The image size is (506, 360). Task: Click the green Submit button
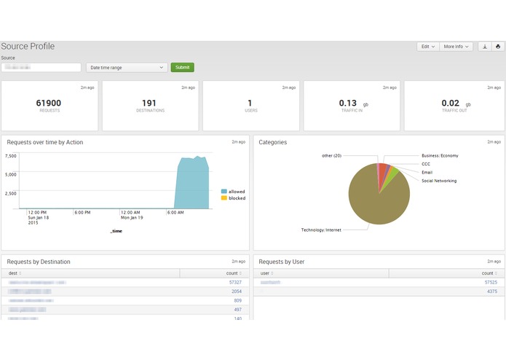[x=182, y=68]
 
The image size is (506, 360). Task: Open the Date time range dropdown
[x=127, y=68]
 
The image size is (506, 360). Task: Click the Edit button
[x=427, y=47]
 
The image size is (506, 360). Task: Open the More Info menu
[x=456, y=47]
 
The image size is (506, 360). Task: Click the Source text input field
[x=41, y=68]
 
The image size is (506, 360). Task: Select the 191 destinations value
[x=149, y=103]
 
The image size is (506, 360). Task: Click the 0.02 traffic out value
[x=450, y=103]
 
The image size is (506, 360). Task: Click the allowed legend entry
[x=236, y=192]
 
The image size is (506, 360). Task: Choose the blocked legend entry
[x=236, y=198]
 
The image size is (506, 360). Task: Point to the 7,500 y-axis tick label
[x=10, y=157]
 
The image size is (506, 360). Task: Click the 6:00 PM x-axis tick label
[x=82, y=213]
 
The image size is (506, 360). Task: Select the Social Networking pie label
[x=439, y=181]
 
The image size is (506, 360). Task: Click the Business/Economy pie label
[x=440, y=156]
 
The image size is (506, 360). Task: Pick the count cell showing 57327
[x=234, y=282]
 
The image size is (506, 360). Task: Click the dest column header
[x=13, y=273]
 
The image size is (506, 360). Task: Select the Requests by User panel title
[x=281, y=262]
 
